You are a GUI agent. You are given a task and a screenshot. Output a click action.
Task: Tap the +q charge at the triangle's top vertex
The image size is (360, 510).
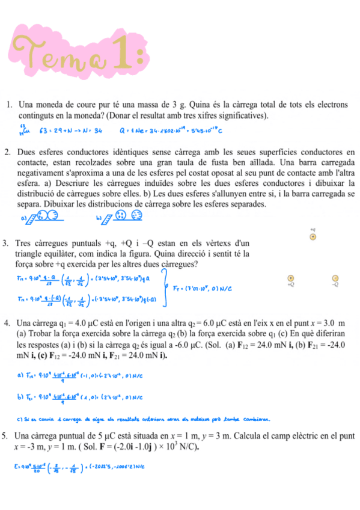(312, 237)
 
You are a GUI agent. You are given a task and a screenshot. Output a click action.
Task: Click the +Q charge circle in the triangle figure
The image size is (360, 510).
(291, 278)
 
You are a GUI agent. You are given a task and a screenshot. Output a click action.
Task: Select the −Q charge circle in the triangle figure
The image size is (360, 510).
(335, 278)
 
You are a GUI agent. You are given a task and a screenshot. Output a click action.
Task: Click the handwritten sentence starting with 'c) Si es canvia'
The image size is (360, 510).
(144, 417)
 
